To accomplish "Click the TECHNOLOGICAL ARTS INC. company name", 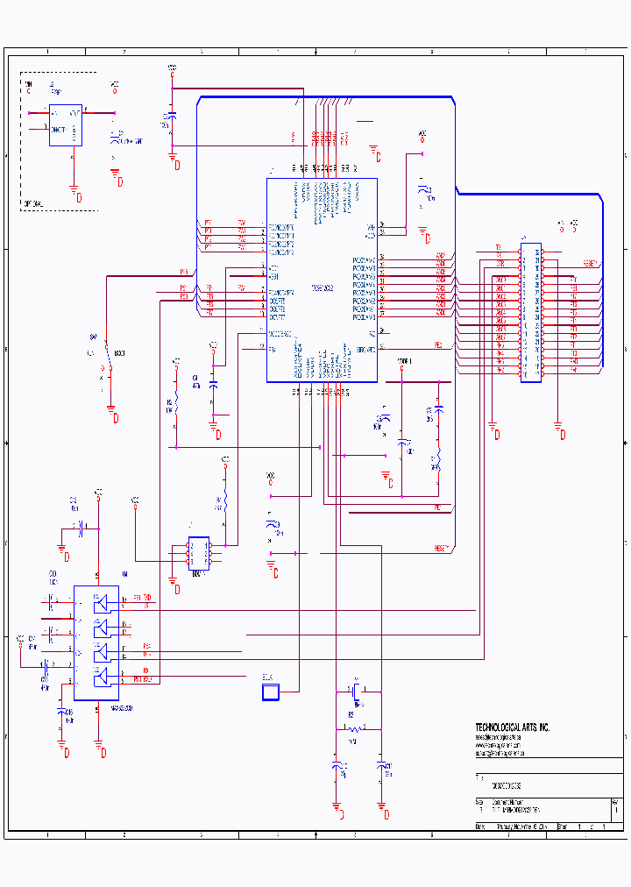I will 512,727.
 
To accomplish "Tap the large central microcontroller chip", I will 322,280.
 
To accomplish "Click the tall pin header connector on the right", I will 530,314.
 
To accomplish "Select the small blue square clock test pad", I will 270,692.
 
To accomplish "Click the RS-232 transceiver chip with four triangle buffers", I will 96,642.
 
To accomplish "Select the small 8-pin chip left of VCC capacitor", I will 199,552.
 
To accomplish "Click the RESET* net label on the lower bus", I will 442,549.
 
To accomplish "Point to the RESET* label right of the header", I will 591,263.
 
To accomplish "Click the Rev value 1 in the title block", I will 616,811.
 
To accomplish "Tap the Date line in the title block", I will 517,827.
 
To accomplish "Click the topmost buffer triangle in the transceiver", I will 103,603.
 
